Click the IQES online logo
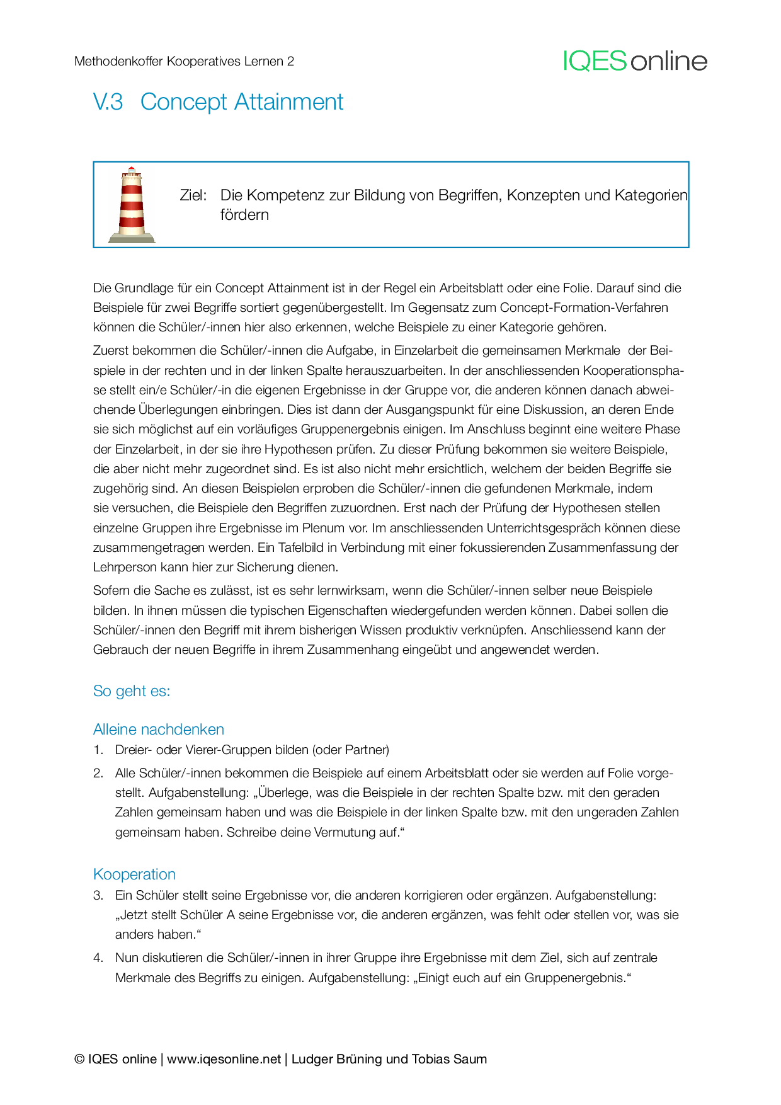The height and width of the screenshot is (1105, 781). pos(635,61)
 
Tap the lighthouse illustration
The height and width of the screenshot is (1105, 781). pos(132,205)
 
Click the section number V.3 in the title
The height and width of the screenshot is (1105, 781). pos(108,102)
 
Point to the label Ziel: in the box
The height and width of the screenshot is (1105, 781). pos(193,195)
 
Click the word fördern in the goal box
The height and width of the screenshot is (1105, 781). pos(244,215)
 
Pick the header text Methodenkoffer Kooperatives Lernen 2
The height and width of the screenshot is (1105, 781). pos(184,61)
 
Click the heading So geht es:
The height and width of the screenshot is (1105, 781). pos(132,691)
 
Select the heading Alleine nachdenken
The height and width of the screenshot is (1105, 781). pos(159,730)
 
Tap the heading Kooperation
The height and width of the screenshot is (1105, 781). pos(134,874)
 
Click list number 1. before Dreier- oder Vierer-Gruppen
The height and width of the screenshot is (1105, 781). pos(98,750)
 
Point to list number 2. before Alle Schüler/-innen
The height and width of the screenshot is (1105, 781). pos(98,773)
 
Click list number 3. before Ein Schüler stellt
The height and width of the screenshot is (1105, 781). pos(98,895)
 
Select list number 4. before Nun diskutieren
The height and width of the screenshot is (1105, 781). pos(98,958)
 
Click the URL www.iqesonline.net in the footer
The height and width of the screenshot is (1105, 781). pos(224,1059)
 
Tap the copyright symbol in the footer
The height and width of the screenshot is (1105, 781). pos(79,1059)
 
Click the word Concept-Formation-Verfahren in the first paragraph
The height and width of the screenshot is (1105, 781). pos(584,307)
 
